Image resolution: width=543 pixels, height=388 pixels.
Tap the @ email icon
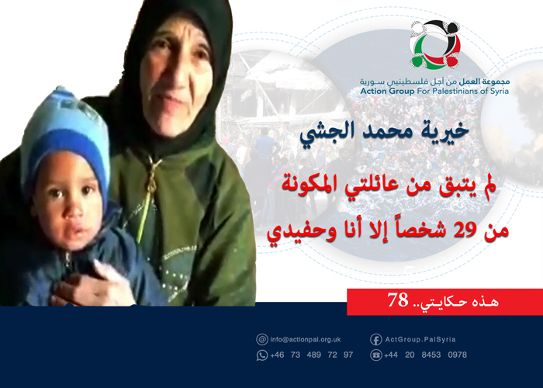pos(262,340)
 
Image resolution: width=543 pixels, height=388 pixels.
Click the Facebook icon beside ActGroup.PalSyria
pos(375,340)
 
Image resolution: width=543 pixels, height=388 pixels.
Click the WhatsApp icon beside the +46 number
pos(262,355)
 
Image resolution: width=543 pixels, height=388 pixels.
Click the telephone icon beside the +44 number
pos(375,355)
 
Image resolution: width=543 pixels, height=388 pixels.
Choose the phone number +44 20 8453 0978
pos(425,355)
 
